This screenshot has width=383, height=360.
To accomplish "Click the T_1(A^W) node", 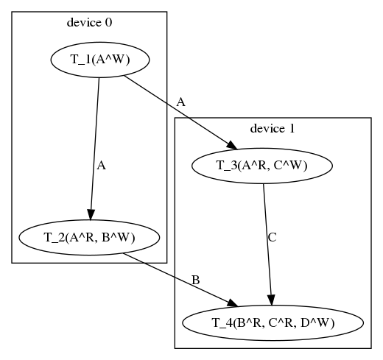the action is tap(100, 60).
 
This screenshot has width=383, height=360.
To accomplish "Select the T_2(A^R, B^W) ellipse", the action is tap(89, 237).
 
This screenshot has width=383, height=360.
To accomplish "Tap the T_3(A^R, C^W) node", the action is tap(262, 166).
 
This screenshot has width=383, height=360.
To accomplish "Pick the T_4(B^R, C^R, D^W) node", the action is tap(273, 323).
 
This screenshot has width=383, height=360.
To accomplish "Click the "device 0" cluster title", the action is tap(89, 23).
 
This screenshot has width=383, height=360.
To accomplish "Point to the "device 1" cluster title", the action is tap(273, 129).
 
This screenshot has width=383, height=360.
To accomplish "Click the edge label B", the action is tap(195, 280).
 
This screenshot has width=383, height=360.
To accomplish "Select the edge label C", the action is tap(273, 237).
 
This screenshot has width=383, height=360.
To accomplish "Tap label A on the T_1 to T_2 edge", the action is tap(101, 166).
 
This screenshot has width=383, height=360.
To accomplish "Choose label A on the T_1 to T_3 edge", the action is tap(180, 102).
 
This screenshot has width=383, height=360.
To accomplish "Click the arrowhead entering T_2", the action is tap(91, 214).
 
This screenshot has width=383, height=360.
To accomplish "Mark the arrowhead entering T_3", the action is tap(232, 145).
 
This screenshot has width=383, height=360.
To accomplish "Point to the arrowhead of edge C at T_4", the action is tap(271, 300).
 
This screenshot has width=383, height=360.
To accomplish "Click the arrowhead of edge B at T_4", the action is tap(233, 303).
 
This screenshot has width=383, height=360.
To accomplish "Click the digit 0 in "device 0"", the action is tap(109, 23).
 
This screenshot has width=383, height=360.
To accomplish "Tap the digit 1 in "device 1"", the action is tap(292, 129).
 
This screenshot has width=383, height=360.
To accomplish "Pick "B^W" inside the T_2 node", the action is tap(116, 237).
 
